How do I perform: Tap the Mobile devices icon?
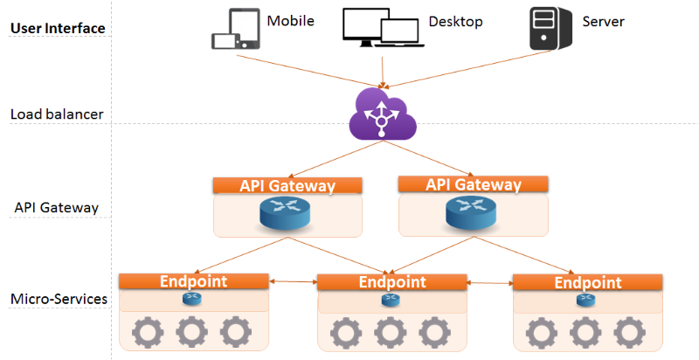[x=235, y=29]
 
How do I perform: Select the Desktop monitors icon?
[x=383, y=28]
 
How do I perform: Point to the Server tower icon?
[x=550, y=29]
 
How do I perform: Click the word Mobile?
[x=291, y=21]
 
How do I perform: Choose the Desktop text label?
[x=455, y=21]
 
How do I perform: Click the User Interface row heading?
[x=58, y=28]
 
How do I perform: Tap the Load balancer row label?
[x=57, y=114]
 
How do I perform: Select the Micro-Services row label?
[x=59, y=299]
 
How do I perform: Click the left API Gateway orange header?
[x=287, y=185]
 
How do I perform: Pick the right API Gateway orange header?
[x=473, y=184]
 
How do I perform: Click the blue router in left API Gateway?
[x=285, y=213]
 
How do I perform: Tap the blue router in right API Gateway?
[x=471, y=212]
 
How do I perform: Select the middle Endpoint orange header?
[x=391, y=282]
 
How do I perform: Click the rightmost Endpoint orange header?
[x=587, y=282]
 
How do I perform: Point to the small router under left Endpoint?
[x=192, y=299]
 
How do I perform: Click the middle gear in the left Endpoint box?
[x=191, y=332]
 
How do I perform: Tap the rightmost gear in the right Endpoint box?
[x=629, y=333]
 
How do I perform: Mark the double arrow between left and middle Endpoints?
[x=293, y=281]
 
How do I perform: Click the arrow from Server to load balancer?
[x=467, y=69]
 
